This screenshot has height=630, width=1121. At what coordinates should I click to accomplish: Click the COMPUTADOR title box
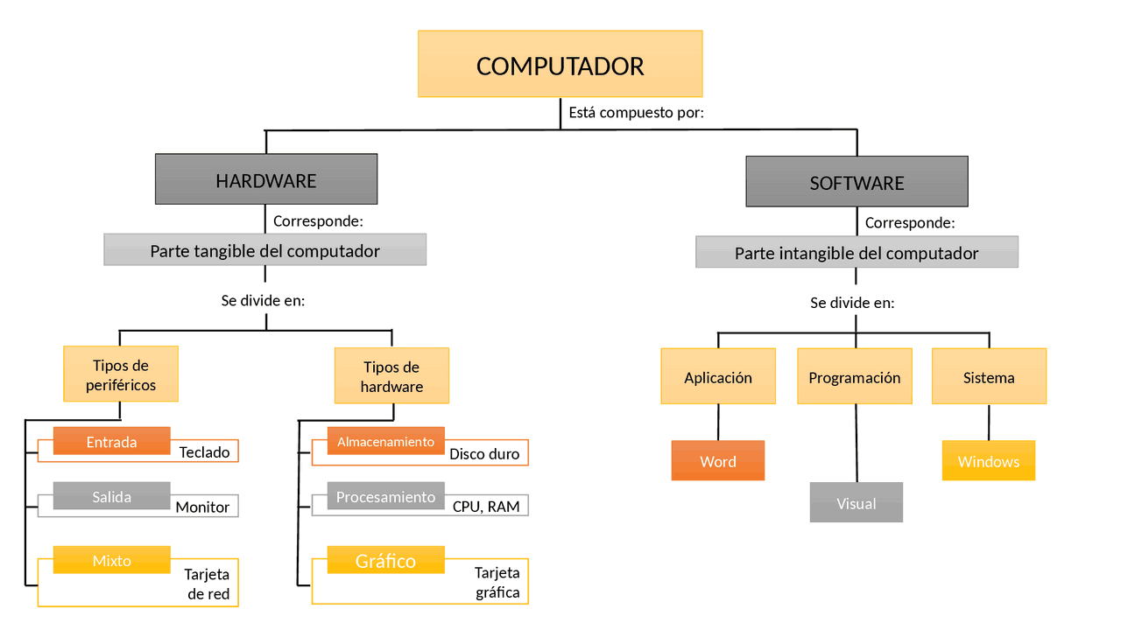coord(560,64)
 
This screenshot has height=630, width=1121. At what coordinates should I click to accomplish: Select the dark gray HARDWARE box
coord(266,179)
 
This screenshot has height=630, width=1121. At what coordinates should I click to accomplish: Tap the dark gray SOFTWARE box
coord(857,182)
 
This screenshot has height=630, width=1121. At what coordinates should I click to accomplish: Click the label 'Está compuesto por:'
coord(636,113)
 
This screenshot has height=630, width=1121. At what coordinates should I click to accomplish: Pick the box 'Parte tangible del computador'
coord(264,250)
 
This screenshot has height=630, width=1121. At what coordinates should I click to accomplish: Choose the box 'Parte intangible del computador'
coord(857,253)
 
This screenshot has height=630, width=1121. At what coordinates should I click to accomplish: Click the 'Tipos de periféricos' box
coord(121,374)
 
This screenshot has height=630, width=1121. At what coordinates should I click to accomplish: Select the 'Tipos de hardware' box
coord(391,376)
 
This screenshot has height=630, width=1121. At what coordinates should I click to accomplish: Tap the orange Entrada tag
coord(111,441)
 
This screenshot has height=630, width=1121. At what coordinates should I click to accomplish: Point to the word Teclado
coord(204,452)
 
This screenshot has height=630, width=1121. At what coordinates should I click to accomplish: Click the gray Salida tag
coord(111,496)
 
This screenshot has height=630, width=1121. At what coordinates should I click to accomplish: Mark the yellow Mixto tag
coord(111,560)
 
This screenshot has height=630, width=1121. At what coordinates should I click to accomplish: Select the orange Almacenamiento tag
coord(385,441)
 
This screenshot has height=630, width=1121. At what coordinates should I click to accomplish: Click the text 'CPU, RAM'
coord(486,507)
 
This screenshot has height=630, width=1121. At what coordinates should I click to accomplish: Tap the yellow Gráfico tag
coord(385,560)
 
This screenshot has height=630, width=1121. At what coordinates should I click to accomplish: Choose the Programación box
coord(854,377)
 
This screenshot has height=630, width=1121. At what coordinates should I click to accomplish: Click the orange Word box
coord(717,461)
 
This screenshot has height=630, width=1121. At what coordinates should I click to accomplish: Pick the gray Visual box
coord(856,503)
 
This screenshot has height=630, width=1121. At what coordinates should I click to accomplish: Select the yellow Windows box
coord(988,461)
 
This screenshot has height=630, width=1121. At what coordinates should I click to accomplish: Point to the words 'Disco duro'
coord(484,454)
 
